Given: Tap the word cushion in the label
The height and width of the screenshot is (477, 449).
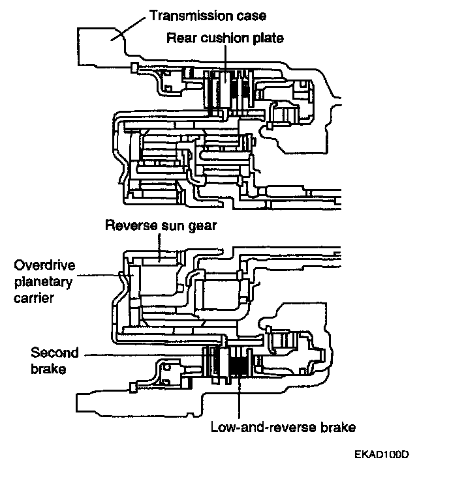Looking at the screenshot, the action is (x=225, y=38).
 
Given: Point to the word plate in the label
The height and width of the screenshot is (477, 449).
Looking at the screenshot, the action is (x=268, y=39).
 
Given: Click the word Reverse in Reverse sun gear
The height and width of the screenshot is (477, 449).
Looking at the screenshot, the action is (x=132, y=225).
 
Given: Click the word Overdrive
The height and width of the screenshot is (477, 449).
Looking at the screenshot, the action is (x=44, y=265).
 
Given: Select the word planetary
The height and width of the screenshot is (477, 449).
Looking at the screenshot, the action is (x=43, y=282).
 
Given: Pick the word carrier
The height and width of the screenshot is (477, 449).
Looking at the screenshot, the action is (x=34, y=298).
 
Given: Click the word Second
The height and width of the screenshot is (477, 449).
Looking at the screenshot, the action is (x=55, y=353).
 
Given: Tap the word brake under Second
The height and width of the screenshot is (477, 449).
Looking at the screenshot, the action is (x=48, y=369).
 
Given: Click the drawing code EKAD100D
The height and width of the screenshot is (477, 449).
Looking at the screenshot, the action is (x=382, y=454).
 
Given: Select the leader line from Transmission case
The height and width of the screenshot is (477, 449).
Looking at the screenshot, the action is (x=128, y=29).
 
